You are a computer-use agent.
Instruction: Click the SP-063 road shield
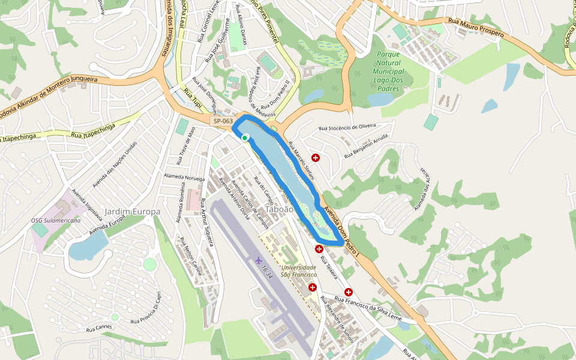(223, 121)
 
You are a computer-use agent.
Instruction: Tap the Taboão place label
(280, 209)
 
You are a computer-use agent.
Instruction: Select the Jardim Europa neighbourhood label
(133, 212)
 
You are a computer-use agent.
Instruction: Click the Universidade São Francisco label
(298, 271)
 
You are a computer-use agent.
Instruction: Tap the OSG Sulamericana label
(56, 220)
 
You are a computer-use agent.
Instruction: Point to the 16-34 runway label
(267, 272)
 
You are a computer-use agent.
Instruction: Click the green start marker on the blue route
(245, 138)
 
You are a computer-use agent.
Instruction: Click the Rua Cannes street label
(99, 328)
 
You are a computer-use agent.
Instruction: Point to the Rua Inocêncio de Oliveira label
(347, 127)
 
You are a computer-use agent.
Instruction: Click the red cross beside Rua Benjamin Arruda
(316, 157)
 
